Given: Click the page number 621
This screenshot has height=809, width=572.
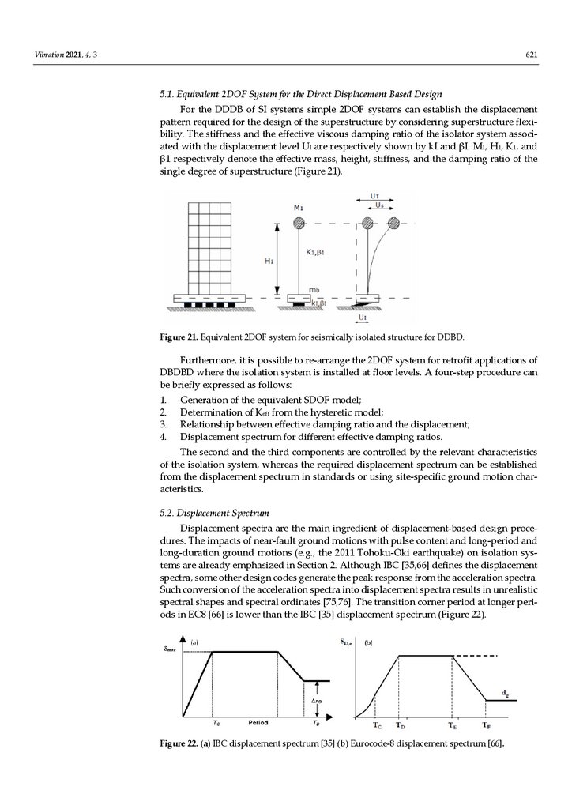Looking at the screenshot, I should point(532,55).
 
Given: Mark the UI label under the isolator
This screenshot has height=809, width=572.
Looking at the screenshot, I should point(362,318).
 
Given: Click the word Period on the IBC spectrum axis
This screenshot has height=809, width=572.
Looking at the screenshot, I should point(260,723).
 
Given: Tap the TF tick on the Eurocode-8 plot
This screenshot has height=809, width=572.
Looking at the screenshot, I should point(485,725).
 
